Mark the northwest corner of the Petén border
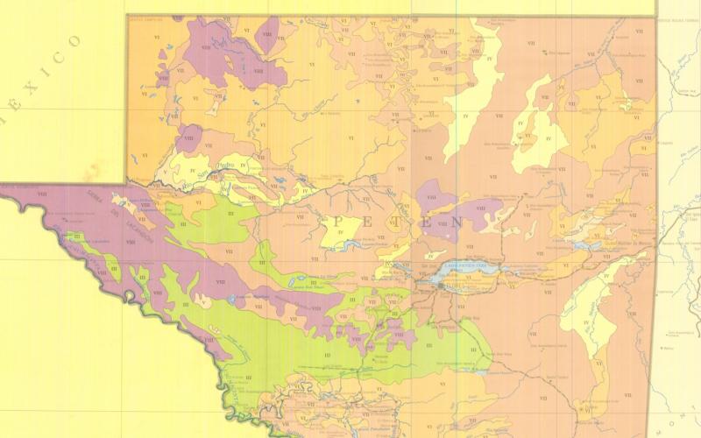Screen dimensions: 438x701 click(x=128, y=16)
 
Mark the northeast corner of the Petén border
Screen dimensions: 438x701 click(x=655, y=16)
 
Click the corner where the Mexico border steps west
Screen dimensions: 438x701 click(x=128, y=183)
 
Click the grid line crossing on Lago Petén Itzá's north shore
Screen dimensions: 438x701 click(x=456, y=267)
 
